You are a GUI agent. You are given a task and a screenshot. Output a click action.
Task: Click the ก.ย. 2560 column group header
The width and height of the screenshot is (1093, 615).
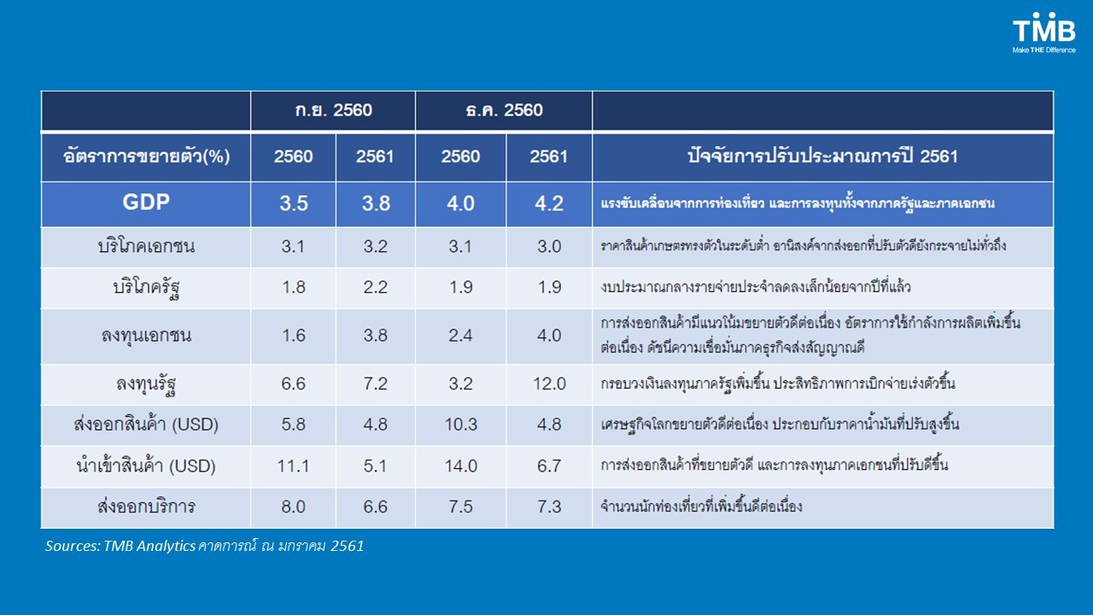(332, 110)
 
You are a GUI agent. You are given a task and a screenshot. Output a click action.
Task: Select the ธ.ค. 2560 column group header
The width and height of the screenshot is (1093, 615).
(503, 110)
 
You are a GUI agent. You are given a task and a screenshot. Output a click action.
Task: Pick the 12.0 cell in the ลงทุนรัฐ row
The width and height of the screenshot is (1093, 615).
(548, 384)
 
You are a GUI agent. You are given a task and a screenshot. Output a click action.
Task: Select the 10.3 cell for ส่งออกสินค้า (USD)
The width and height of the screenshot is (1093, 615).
(460, 425)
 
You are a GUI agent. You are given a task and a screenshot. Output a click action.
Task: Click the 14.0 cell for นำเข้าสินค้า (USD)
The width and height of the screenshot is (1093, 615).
(460, 466)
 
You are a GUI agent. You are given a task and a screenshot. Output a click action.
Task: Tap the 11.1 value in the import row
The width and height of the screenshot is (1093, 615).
(293, 466)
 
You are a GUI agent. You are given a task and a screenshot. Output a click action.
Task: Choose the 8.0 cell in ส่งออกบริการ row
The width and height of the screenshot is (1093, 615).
(293, 507)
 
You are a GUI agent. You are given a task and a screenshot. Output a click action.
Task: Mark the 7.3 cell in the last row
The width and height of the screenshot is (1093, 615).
(548, 507)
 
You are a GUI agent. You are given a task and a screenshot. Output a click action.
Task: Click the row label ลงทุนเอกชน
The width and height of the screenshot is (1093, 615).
(145, 336)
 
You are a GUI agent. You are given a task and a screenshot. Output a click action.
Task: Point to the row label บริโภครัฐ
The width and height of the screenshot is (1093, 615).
(145, 288)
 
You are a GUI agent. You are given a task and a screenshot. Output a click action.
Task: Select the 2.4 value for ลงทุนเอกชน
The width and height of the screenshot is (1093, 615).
(460, 336)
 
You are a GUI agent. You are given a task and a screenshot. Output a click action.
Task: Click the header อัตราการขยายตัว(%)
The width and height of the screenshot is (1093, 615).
(145, 156)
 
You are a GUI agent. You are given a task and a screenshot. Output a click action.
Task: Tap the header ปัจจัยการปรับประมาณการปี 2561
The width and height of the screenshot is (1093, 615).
(822, 156)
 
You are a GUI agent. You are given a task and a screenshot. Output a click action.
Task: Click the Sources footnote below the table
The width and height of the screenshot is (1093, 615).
(204, 546)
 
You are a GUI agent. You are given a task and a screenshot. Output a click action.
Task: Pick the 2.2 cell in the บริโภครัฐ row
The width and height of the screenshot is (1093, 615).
(375, 288)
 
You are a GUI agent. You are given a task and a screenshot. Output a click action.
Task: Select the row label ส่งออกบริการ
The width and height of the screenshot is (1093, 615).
(145, 507)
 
